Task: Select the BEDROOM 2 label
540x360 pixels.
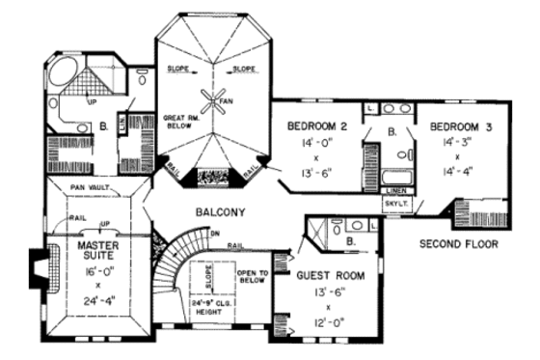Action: (322, 126)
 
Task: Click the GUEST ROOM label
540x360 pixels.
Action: (331, 275)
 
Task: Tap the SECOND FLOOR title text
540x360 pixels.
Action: (459, 245)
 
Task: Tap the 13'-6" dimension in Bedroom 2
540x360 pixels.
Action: (321, 174)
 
